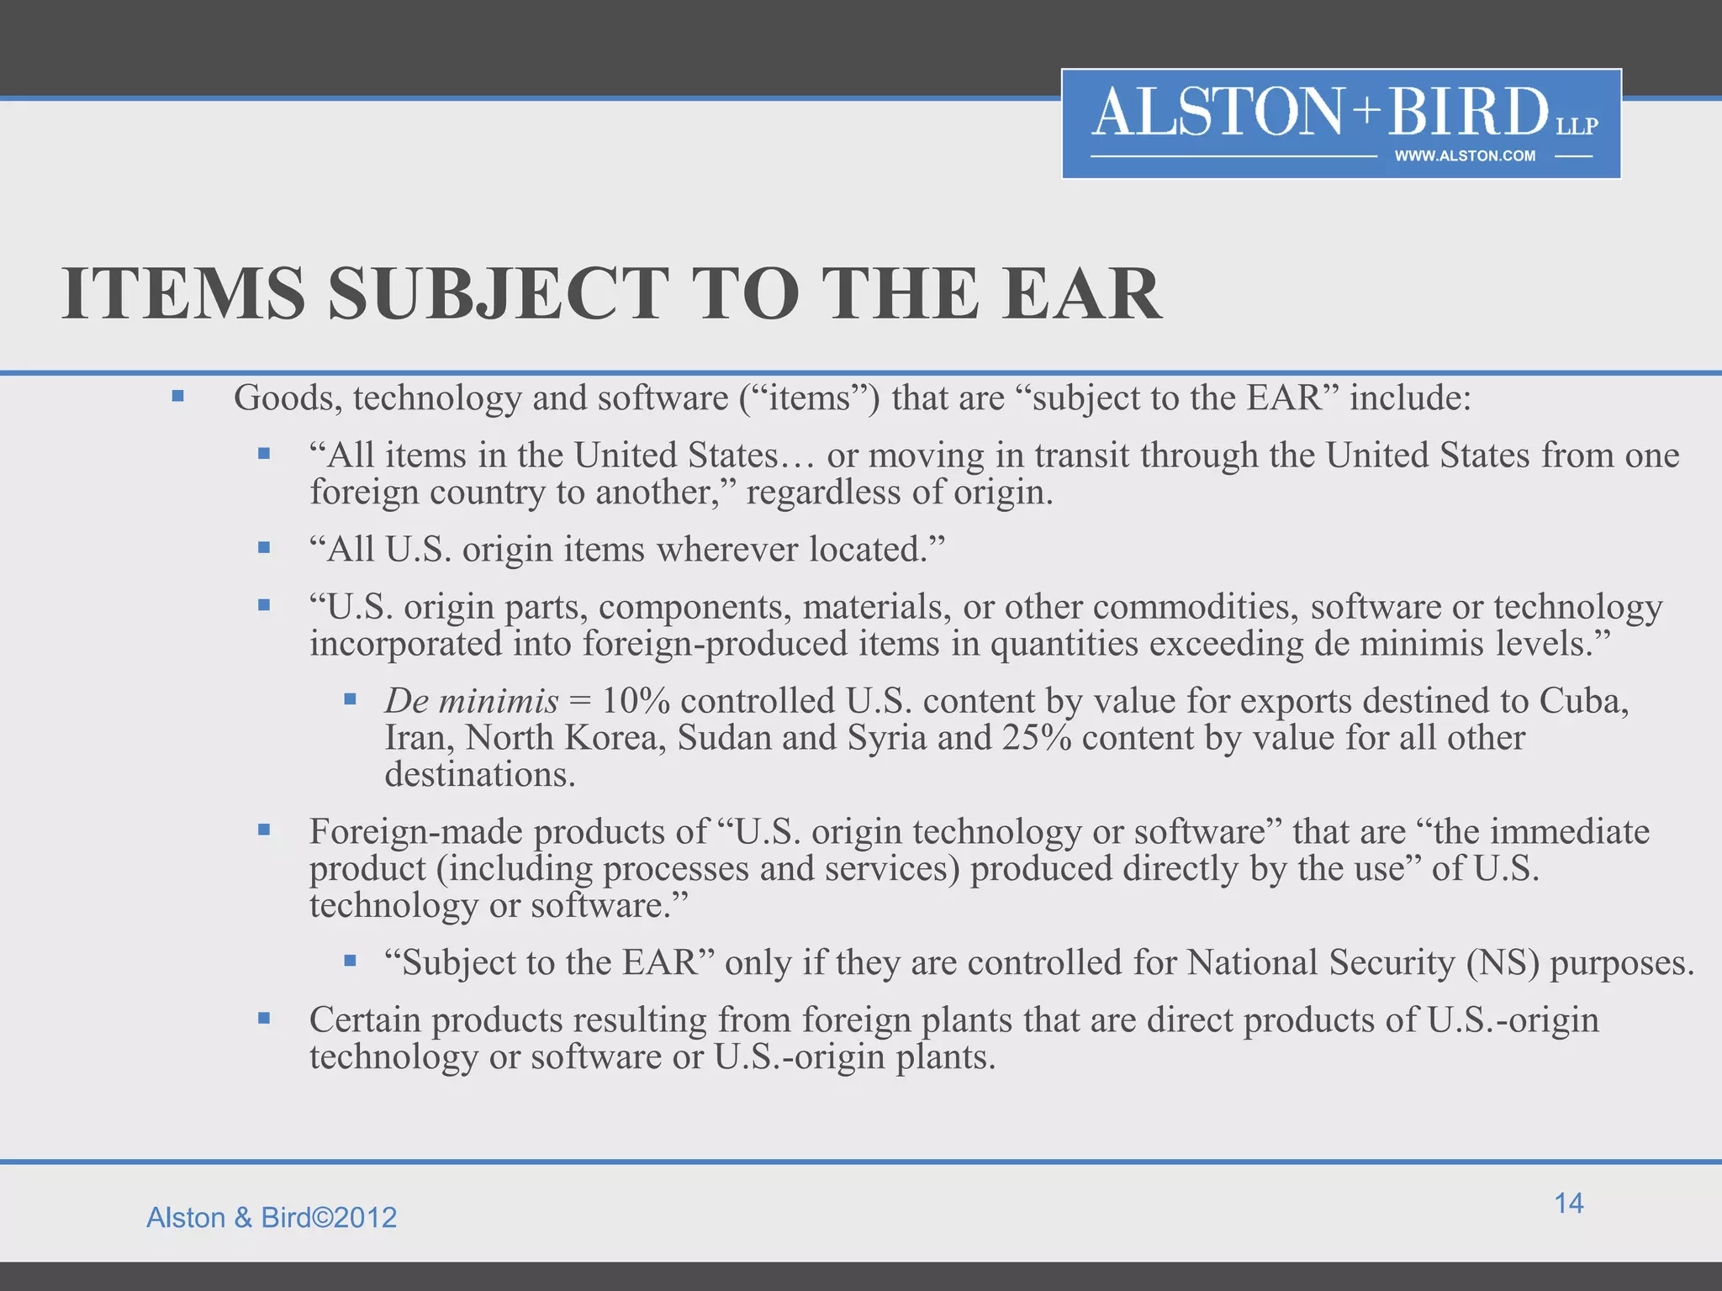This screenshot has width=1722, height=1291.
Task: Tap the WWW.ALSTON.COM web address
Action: click(1465, 156)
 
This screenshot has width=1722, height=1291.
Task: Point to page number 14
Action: click(1568, 1203)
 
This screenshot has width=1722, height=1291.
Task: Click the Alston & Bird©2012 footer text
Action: click(272, 1218)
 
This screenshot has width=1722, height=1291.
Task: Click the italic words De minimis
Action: click(471, 701)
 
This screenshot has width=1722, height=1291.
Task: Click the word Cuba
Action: click(1584, 701)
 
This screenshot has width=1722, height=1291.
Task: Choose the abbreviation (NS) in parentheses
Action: click(1503, 962)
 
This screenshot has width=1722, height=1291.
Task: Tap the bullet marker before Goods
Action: click(177, 396)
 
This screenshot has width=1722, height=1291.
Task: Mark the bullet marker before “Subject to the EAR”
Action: click(351, 960)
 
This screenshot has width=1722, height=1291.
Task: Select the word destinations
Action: click(480, 775)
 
